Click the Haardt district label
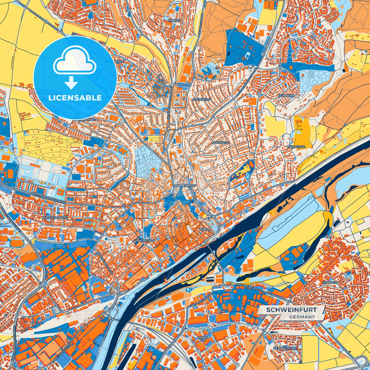(175, 20)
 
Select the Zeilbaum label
(286, 95)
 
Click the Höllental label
(297, 147)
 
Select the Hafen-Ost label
(201, 339)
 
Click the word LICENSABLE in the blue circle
(75, 98)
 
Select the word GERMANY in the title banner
(302, 317)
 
